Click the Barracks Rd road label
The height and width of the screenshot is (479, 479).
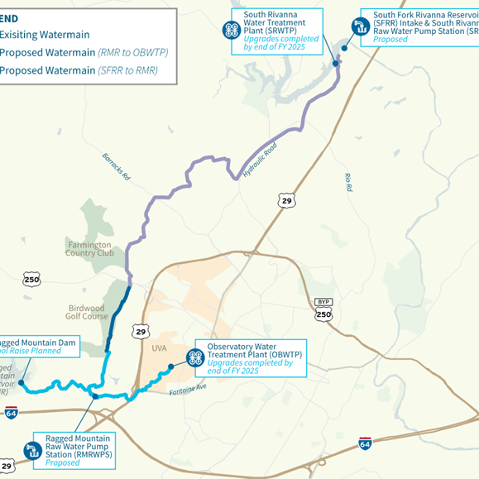coord(117,166)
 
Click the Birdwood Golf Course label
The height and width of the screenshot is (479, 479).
coord(87,312)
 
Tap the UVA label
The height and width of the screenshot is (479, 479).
coord(159,348)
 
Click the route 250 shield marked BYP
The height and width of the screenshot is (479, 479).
coord(323,313)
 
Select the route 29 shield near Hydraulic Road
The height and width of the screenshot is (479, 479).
coord(286,200)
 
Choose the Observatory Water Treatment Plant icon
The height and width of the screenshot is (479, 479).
coord(196,357)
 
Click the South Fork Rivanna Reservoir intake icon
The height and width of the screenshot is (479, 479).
coord(360,26)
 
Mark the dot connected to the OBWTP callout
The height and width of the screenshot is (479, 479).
coord(170,366)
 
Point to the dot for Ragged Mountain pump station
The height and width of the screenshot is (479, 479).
coord(96,396)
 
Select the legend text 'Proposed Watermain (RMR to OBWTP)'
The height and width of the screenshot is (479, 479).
coord(83,52)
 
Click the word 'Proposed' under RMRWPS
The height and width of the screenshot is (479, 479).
coord(64,464)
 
